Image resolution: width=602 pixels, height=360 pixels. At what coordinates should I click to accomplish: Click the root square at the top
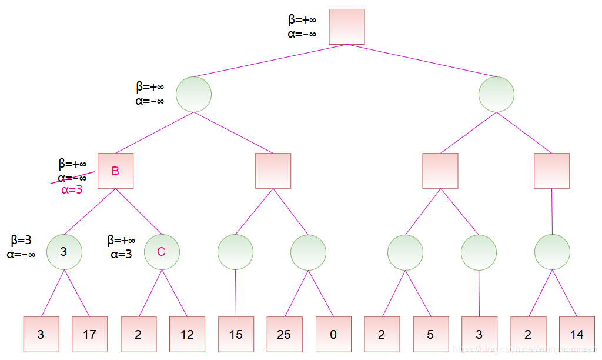coord(347,26)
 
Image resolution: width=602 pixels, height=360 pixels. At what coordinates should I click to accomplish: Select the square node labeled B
coord(115,171)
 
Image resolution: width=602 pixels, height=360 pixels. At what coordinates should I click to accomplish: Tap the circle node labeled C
coord(162,252)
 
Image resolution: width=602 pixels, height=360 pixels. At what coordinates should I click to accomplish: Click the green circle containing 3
coord(64,252)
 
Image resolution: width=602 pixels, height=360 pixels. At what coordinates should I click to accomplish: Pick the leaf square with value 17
coord(89,334)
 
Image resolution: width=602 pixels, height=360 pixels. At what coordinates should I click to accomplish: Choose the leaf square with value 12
coord(187,334)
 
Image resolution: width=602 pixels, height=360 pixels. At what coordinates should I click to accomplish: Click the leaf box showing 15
coord(236,334)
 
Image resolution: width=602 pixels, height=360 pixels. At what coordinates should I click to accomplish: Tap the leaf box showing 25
coord(284,334)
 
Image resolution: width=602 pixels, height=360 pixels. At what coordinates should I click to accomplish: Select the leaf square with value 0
coord(333,334)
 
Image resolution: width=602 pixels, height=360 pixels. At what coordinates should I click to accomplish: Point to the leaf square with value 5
coord(430,334)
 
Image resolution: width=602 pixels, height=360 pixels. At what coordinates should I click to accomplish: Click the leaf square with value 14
coord(577,334)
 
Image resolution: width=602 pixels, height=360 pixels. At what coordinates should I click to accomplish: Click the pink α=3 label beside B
coord(72,190)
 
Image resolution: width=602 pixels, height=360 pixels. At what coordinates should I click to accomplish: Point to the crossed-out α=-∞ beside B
coord(72,178)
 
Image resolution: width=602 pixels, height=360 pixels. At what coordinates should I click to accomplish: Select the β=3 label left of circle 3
coord(21,241)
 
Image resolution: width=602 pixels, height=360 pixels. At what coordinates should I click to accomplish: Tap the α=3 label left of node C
coord(121,254)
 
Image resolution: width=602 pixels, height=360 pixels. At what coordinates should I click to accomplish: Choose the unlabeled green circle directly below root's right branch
coord(496,94)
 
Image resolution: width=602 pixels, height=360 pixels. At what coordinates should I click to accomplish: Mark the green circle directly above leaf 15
coord(235,252)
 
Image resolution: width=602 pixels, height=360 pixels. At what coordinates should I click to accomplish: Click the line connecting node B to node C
coord(139,212)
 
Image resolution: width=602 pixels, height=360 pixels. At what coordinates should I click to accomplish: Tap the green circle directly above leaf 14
coord(552,252)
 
